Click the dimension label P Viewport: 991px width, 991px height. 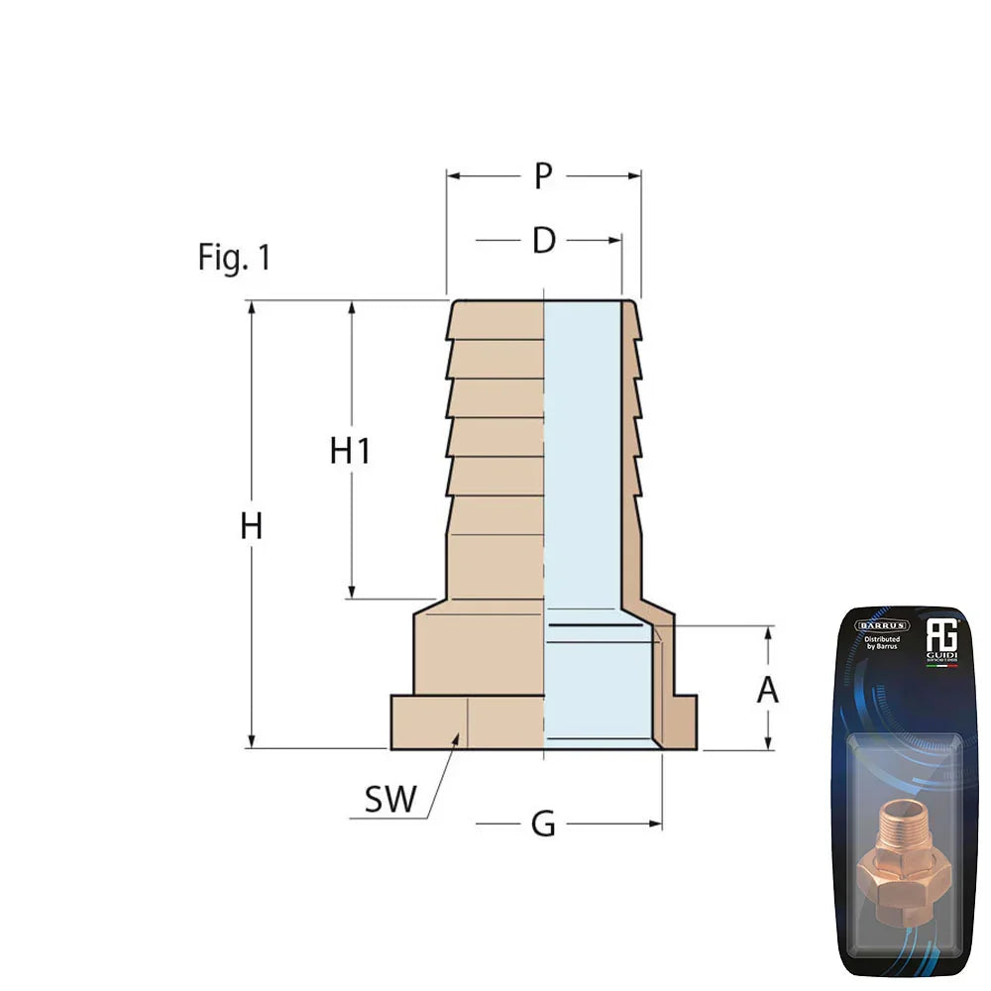[542, 176]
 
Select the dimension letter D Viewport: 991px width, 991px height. [543, 241]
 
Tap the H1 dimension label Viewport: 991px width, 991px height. [350, 451]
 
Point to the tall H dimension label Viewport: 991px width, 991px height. [252, 526]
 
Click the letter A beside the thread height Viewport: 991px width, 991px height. [768, 690]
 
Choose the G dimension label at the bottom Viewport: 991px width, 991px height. [543, 824]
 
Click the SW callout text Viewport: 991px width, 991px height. [390, 800]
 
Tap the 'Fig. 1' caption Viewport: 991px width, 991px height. [234, 258]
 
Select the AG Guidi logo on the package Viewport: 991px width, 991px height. [938, 639]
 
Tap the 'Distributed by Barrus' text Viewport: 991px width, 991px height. [877, 645]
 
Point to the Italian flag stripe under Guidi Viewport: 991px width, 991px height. [938, 666]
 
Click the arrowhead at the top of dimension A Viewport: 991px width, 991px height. [769, 632]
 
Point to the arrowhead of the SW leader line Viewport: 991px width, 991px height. [457, 737]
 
